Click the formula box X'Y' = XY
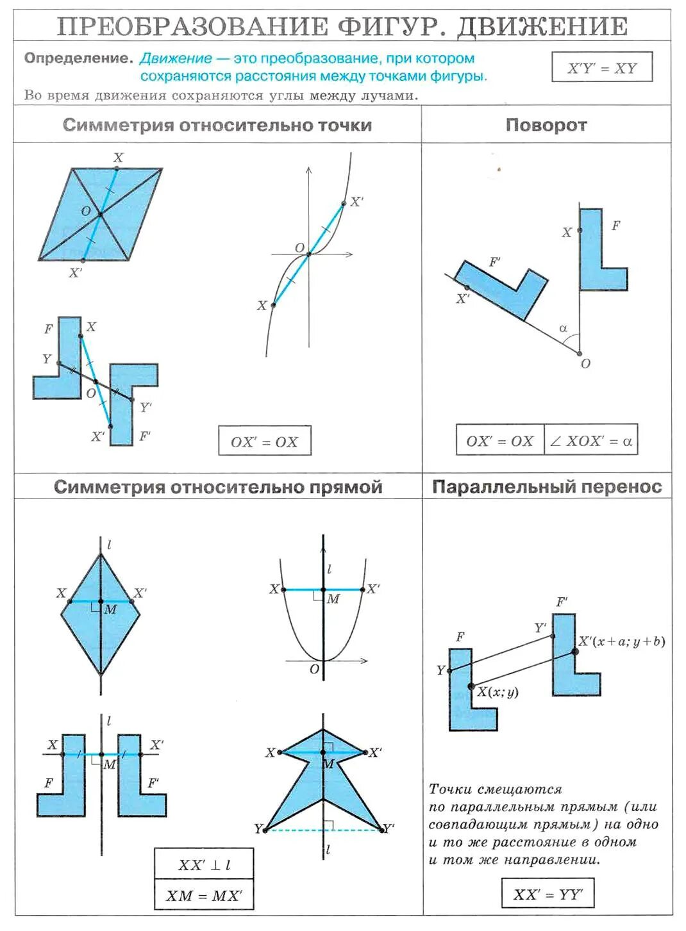pyautogui.click(x=601, y=67)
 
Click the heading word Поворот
pyautogui.click(x=546, y=125)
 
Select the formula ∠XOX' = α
pyautogui.click(x=590, y=441)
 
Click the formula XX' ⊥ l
pyautogui.click(x=204, y=865)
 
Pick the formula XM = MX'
pyautogui.click(x=204, y=895)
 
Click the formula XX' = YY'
pyautogui.click(x=547, y=894)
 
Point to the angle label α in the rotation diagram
pyautogui.click(x=563, y=329)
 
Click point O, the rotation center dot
pyautogui.click(x=579, y=353)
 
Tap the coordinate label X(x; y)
pyautogui.click(x=498, y=691)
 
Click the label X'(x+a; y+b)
pyautogui.click(x=621, y=641)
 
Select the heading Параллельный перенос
pyautogui.click(x=546, y=487)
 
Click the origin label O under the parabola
pyautogui.click(x=314, y=669)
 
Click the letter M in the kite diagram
pyautogui.click(x=110, y=609)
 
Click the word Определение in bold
pyautogui.click(x=78, y=58)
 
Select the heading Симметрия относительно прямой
pyautogui.click(x=218, y=487)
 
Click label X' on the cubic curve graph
pyautogui.click(x=356, y=201)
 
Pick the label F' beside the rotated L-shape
pyautogui.click(x=495, y=261)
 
